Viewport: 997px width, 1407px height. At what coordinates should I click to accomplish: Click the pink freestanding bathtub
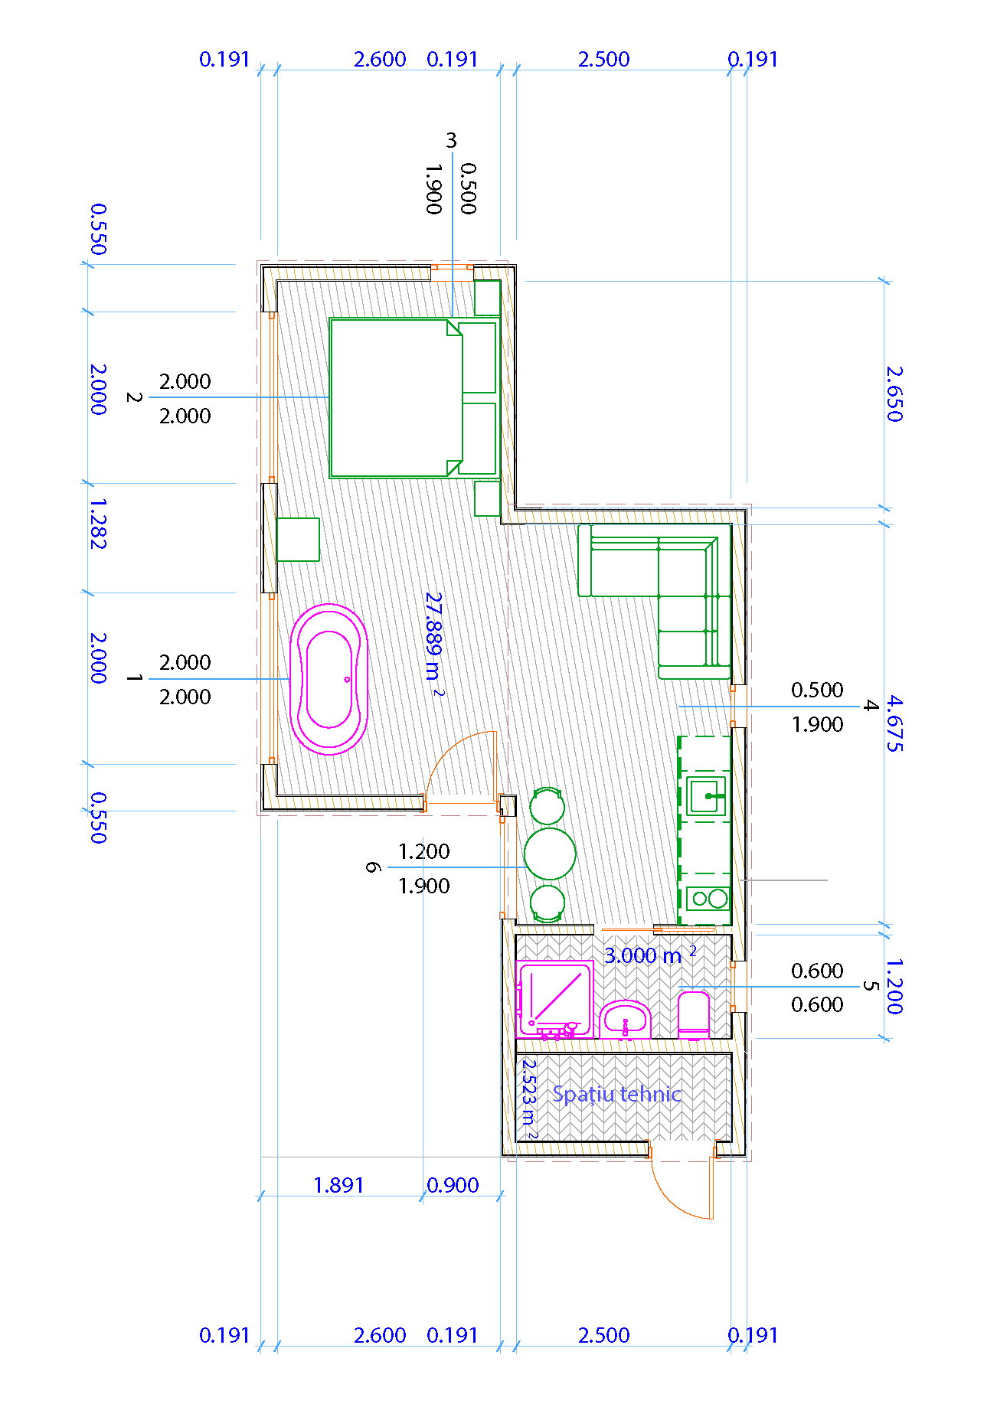tap(329, 679)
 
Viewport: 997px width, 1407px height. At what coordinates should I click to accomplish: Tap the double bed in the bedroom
tap(414, 398)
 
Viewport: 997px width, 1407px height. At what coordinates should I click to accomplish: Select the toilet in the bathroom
tap(694, 1015)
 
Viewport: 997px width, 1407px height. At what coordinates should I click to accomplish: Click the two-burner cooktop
tap(708, 898)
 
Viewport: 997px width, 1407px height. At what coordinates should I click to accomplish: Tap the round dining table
tap(550, 854)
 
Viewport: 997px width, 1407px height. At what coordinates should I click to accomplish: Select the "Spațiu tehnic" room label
tap(616, 1095)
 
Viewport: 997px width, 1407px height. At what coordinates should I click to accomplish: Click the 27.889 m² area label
tap(434, 644)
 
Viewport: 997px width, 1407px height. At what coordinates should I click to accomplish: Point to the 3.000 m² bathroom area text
tap(650, 955)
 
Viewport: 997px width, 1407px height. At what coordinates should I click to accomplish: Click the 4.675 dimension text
tap(894, 723)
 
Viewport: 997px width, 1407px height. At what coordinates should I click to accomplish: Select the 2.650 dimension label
tap(894, 393)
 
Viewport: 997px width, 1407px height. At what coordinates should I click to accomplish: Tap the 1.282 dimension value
tap(98, 524)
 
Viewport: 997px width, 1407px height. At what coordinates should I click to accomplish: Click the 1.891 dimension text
tap(338, 1185)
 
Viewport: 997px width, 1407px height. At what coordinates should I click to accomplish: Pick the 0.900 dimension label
tap(453, 1185)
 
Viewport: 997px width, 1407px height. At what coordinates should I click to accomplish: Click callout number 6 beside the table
tap(373, 867)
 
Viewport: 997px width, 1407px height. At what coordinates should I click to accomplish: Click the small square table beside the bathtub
tap(298, 540)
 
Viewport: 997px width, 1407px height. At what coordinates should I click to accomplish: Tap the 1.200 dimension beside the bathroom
tap(894, 986)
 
